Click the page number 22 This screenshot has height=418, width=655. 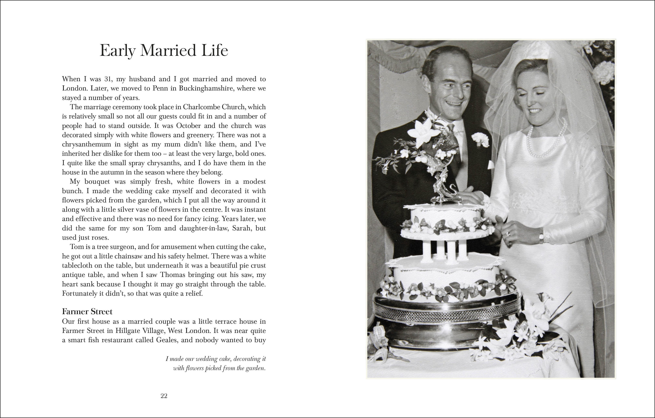[164, 396]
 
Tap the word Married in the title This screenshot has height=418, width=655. [168, 51]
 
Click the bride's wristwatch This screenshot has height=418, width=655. [541, 238]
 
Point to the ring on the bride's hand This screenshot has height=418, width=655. [508, 234]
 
